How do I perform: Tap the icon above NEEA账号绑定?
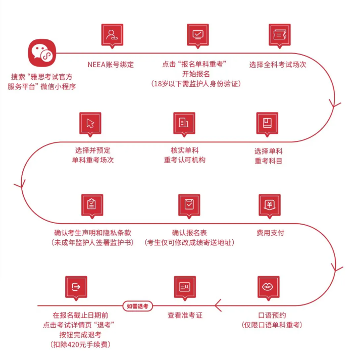point(112,35)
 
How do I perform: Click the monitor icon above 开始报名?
point(197,35)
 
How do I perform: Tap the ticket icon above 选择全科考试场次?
point(279,35)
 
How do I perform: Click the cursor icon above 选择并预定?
point(90,123)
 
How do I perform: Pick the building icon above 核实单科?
point(184,123)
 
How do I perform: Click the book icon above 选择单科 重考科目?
point(268,123)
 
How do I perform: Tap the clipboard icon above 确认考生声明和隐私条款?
point(92,205)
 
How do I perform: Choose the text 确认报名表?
point(189,233)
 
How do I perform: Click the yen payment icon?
point(269,205)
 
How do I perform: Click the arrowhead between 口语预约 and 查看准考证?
point(218,305)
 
